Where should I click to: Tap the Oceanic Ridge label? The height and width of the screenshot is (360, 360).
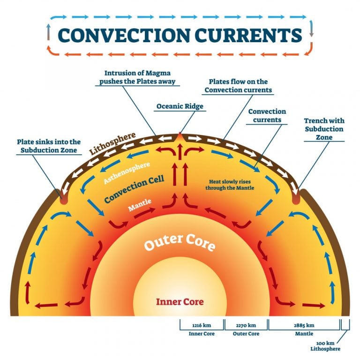click(180, 106)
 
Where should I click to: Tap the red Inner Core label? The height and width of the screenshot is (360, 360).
click(180, 301)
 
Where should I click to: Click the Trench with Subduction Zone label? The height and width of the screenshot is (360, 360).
click(323, 129)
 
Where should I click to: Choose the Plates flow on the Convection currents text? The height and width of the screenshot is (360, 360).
click(239, 86)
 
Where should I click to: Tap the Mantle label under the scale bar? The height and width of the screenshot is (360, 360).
click(303, 334)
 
